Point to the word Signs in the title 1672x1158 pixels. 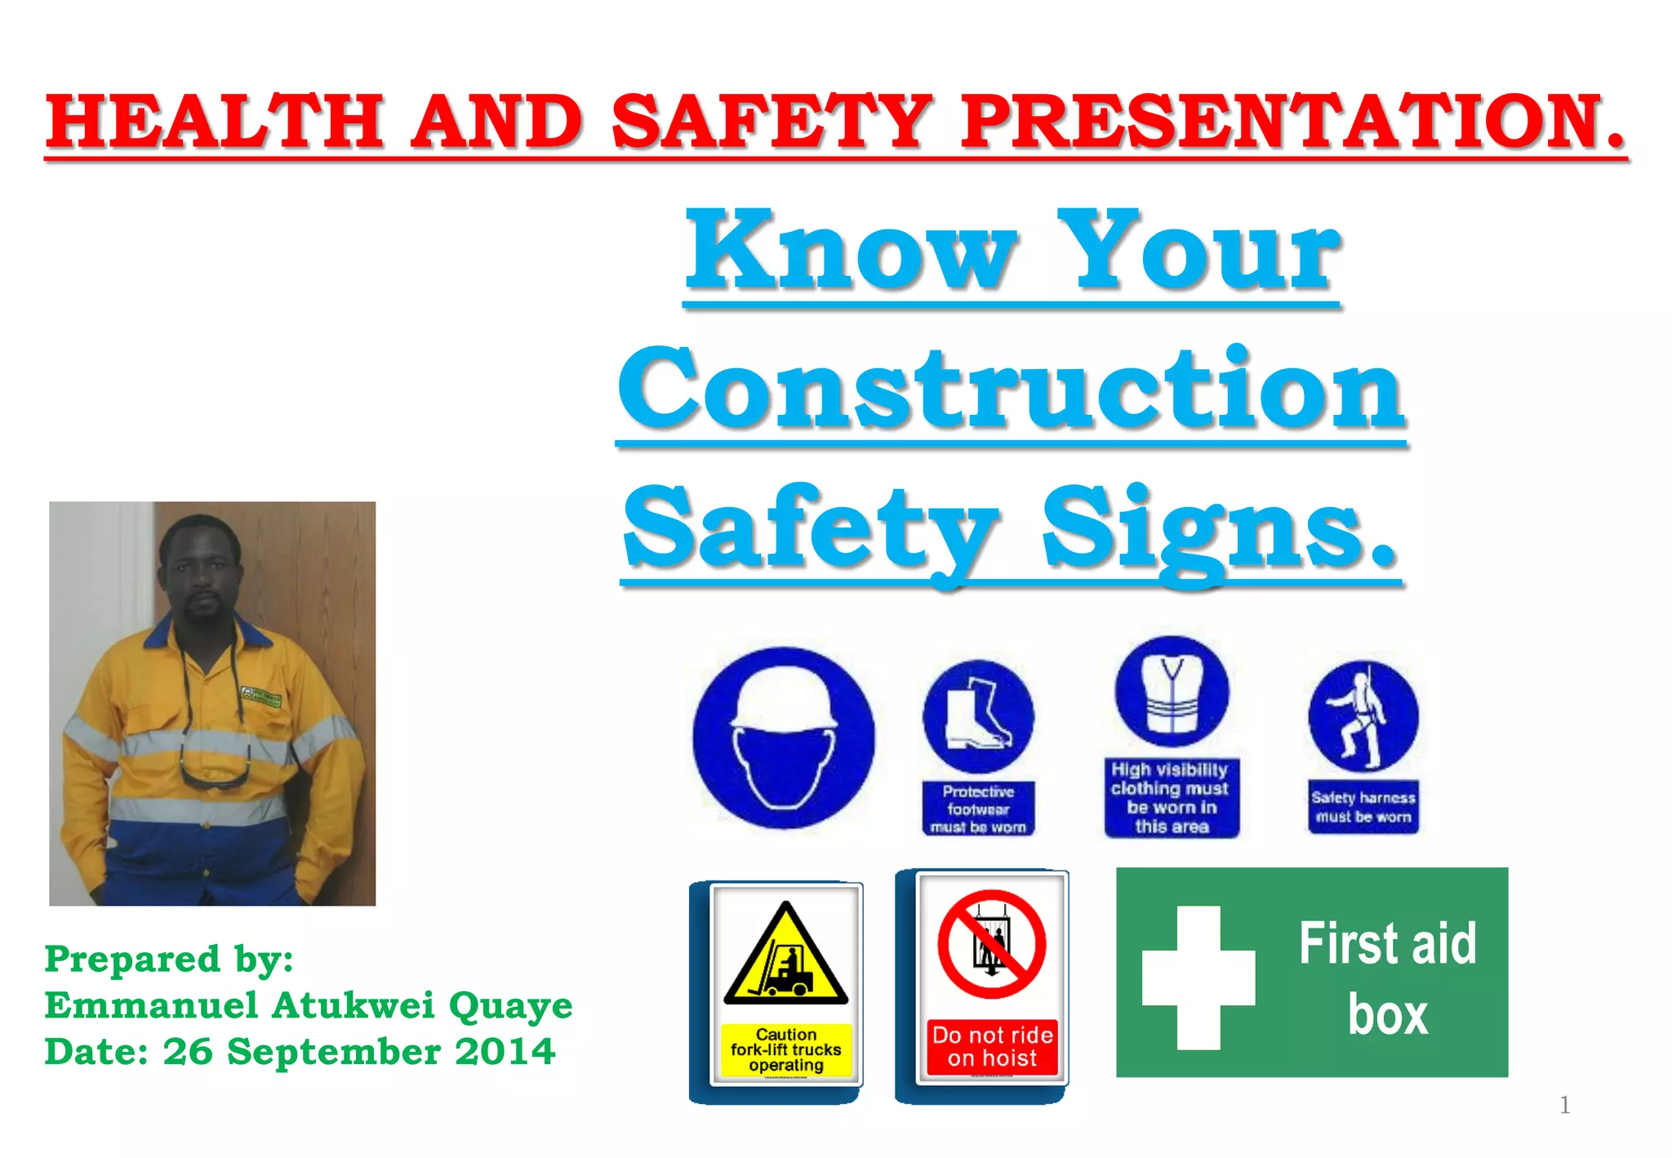click(x=1220, y=529)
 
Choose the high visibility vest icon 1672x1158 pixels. click(x=1172, y=692)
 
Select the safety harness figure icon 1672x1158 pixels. click(x=1363, y=715)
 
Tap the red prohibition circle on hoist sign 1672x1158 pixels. click(x=991, y=944)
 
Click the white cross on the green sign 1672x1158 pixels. click(x=1198, y=977)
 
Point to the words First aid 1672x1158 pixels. click(x=1387, y=944)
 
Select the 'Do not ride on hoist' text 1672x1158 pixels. click(x=992, y=1047)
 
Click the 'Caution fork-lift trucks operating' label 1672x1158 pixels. click(x=785, y=1050)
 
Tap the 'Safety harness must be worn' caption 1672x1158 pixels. click(x=1363, y=807)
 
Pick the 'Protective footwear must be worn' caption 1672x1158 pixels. click(x=978, y=809)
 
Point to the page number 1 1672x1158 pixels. click(x=1564, y=1105)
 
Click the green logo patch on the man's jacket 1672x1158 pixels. click(x=260, y=697)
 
